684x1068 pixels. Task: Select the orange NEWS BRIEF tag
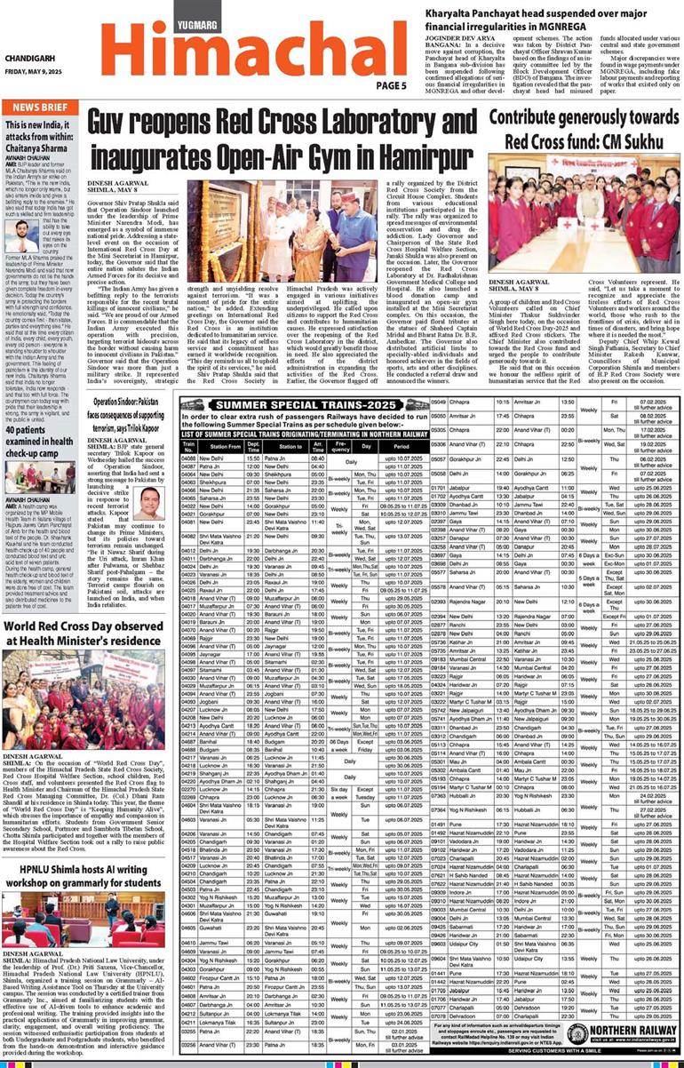click(41, 108)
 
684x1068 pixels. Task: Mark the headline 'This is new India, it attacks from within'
click(43, 136)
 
